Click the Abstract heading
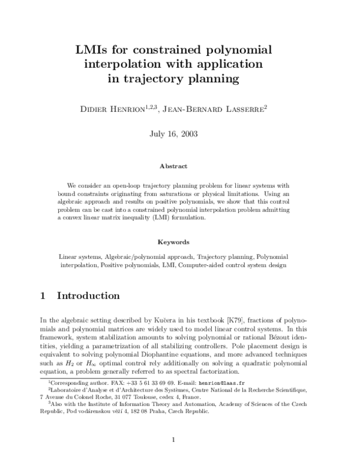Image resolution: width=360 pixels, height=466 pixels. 173,166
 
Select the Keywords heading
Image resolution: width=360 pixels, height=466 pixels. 173,243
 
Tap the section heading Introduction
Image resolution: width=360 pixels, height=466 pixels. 88,296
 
